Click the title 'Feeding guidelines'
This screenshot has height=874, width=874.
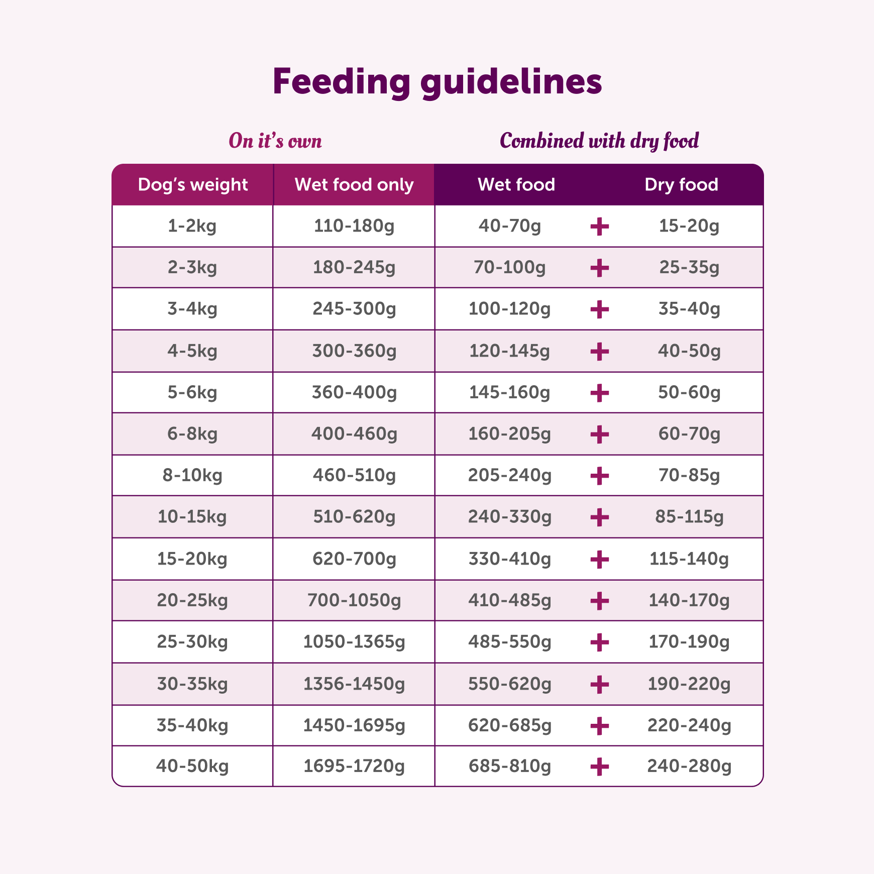pyautogui.click(x=437, y=82)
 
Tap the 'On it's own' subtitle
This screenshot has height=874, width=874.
pyautogui.click(x=275, y=141)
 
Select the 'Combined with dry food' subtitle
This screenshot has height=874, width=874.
pyautogui.click(x=599, y=141)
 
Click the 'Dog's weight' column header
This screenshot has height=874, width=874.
pyautogui.click(x=193, y=185)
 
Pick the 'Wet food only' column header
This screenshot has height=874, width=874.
pyautogui.click(x=354, y=185)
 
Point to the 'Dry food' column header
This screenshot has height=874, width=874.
pyautogui.click(x=681, y=185)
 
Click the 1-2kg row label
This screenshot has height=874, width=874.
pyautogui.click(x=192, y=226)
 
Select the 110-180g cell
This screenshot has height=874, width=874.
pyautogui.click(x=354, y=226)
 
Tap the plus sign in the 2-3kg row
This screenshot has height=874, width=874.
pyautogui.click(x=599, y=268)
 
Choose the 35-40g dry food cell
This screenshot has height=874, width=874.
pyautogui.click(x=689, y=309)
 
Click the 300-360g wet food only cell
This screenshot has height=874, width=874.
pyautogui.click(x=354, y=351)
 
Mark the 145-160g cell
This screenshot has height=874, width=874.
pyautogui.click(x=509, y=392)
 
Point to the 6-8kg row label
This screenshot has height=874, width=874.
pyautogui.click(x=192, y=433)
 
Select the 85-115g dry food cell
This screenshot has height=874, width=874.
pyautogui.click(x=689, y=516)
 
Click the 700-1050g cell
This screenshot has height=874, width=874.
pyautogui.click(x=354, y=600)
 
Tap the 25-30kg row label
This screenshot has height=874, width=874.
pyautogui.click(x=192, y=642)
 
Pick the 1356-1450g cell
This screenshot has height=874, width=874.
pyautogui.click(x=354, y=684)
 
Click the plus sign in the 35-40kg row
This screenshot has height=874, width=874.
pyautogui.click(x=599, y=726)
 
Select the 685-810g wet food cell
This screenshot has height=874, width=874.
pyautogui.click(x=509, y=767)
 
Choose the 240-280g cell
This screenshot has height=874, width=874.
pyautogui.click(x=689, y=767)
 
